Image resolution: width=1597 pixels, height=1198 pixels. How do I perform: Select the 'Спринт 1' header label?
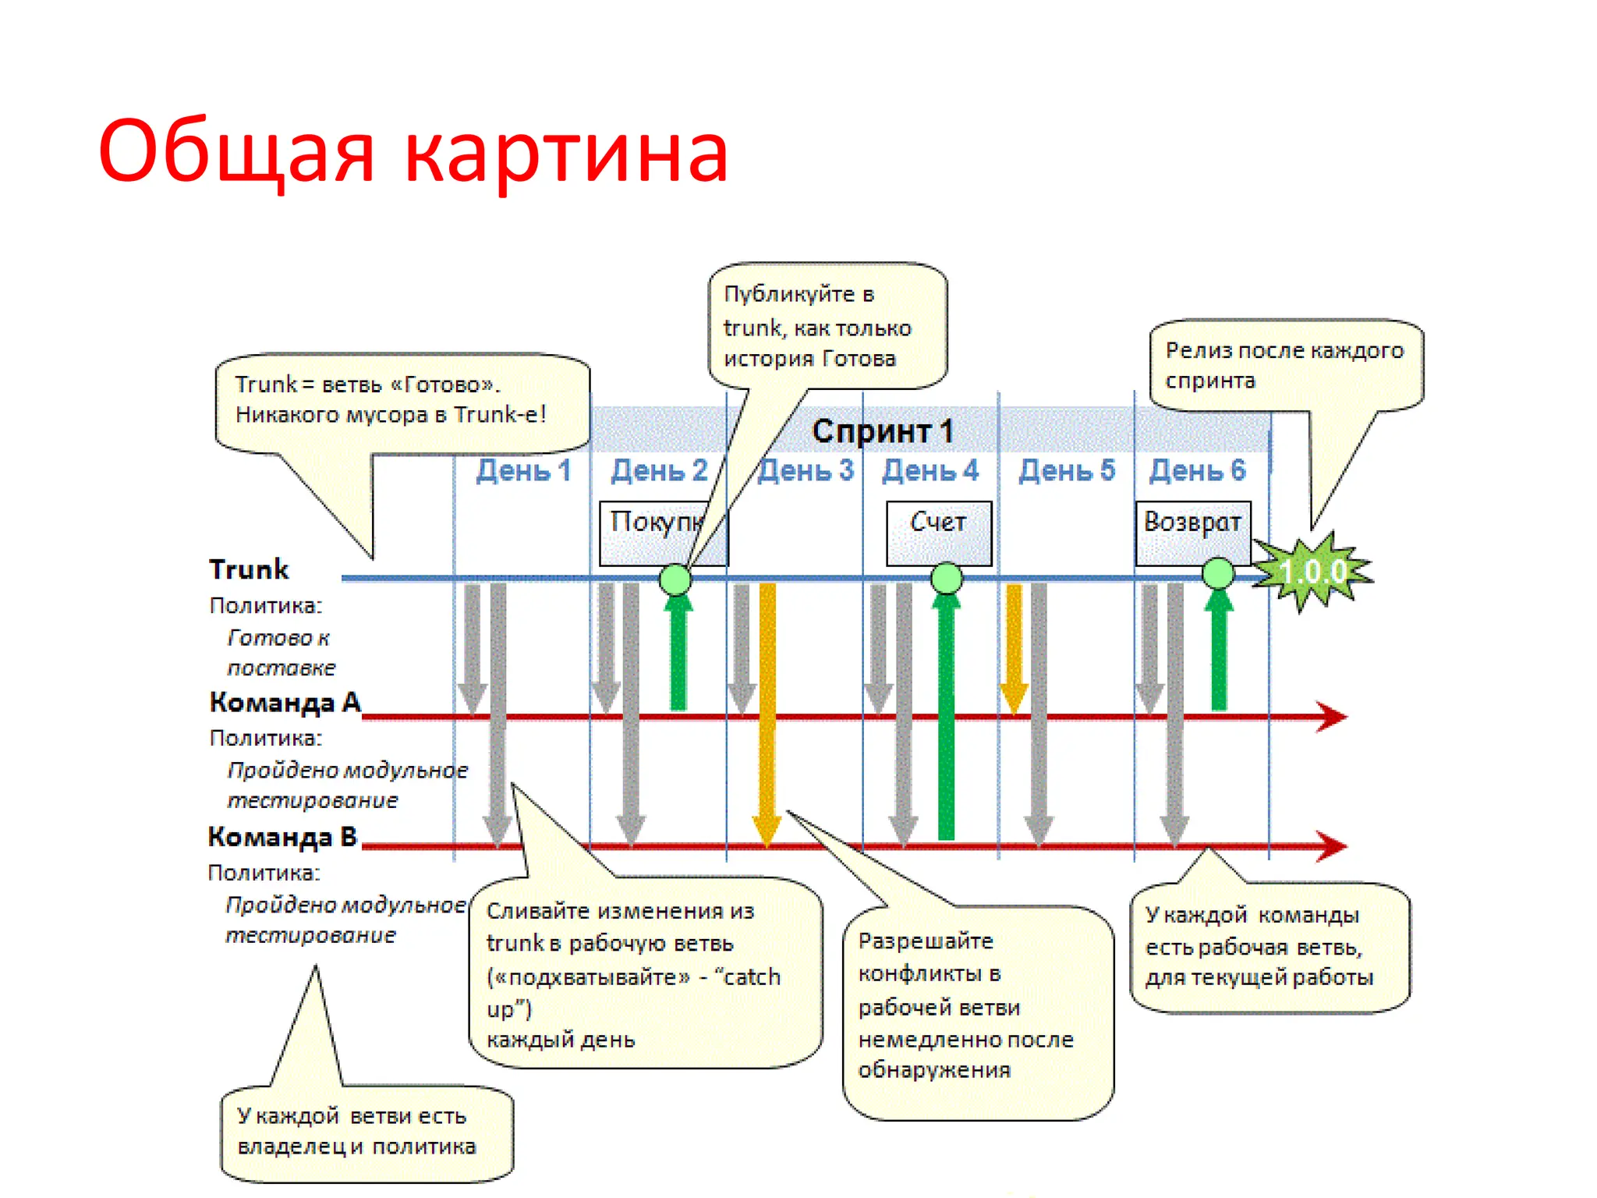[882, 431]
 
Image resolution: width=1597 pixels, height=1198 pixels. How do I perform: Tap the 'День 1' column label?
[523, 470]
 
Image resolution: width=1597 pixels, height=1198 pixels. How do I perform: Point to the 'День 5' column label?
[1066, 470]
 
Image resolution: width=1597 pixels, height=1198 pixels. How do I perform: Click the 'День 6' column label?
[1197, 470]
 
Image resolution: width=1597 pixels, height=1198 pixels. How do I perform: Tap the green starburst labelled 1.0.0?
[1314, 572]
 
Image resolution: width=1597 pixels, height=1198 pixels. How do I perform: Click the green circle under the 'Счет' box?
[947, 578]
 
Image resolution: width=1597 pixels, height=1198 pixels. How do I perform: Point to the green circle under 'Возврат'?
[1218, 573]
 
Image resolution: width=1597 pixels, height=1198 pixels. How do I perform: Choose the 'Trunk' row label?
[249, 569]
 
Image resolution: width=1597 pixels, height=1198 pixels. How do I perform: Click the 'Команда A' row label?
[285, 702]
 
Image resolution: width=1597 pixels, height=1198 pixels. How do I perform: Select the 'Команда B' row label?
[282, 836]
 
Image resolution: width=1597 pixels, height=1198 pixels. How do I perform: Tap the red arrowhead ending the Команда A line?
[1331, 716]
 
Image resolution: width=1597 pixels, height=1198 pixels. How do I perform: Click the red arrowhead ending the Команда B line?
[1331, 845]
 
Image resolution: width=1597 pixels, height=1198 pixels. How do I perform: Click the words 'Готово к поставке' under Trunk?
[281, 652]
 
